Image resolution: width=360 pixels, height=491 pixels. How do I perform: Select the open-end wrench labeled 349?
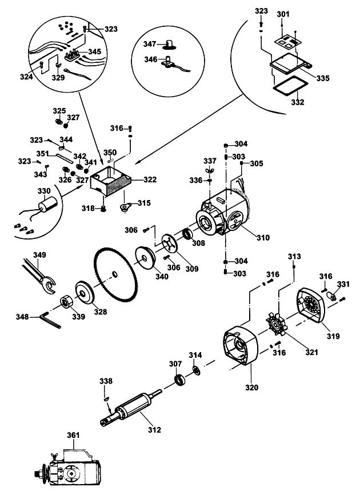tap(39, 276)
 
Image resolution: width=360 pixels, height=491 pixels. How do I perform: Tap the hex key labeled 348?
tap(50, 320)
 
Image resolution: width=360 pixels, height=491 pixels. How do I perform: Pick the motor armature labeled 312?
tap(131, 407)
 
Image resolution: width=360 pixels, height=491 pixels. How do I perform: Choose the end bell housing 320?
tap(241, 345)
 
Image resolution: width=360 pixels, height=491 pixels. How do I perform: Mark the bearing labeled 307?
tap(180, 379)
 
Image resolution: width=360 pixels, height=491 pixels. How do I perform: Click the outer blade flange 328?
tap(85, 293)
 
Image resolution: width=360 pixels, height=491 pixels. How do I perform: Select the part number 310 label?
tap(263, 238)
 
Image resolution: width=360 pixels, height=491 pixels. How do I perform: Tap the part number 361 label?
tap(73, 435)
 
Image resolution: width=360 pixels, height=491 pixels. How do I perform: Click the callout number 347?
tap(150, 44)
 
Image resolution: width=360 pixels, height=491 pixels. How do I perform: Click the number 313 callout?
tap(294, 257)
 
